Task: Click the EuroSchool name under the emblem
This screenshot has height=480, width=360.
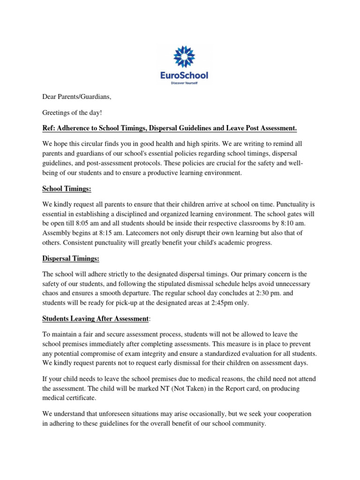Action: (x=184, y=75)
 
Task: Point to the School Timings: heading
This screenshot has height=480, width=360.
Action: (x=67, y=188)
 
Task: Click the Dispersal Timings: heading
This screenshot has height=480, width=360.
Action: (x=71, y=258)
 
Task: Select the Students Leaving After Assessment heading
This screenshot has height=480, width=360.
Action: (x=96, y=319)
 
